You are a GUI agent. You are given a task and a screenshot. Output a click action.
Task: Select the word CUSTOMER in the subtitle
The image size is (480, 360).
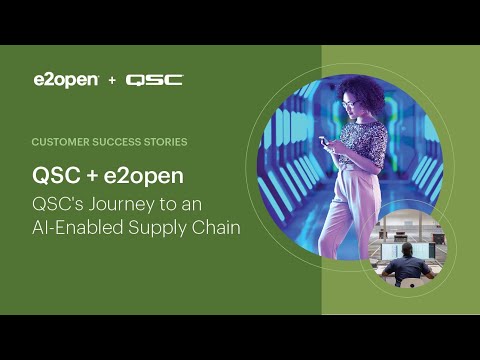(x=60, y=143)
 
